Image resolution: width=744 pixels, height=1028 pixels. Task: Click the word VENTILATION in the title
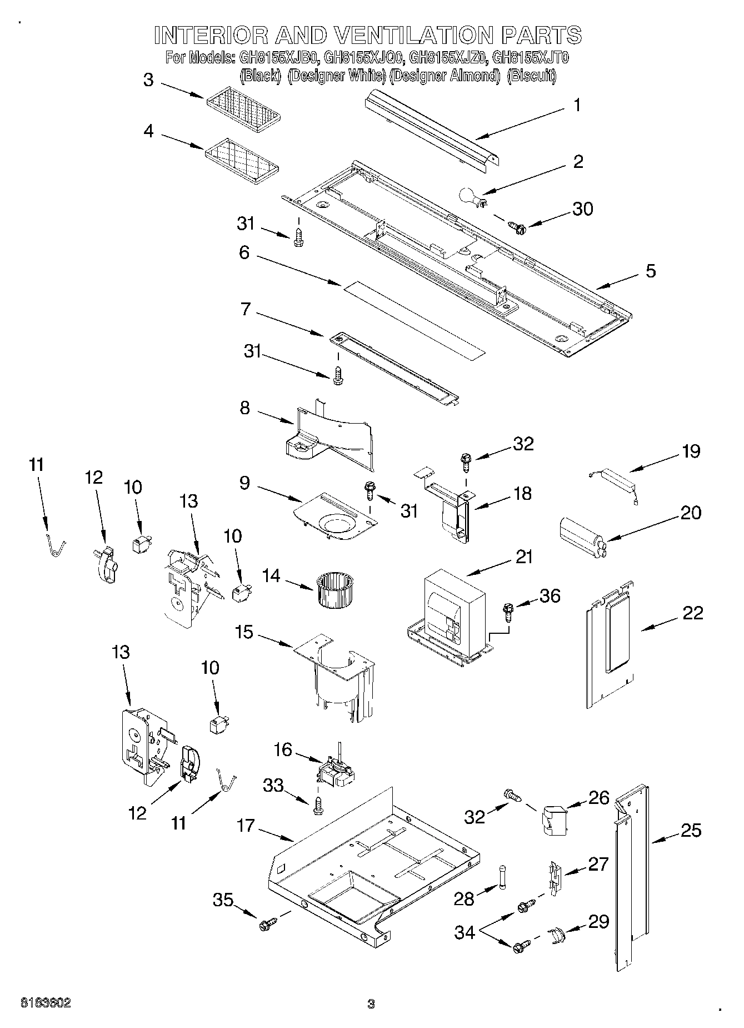point(415,35)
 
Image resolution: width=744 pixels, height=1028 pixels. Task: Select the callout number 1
point(577,105)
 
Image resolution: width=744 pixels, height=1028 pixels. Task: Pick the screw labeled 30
point(517,226)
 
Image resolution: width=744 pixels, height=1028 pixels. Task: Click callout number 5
point(650,271)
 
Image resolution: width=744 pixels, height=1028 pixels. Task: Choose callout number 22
point(693,613)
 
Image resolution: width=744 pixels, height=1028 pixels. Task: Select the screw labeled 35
point(266,925)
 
